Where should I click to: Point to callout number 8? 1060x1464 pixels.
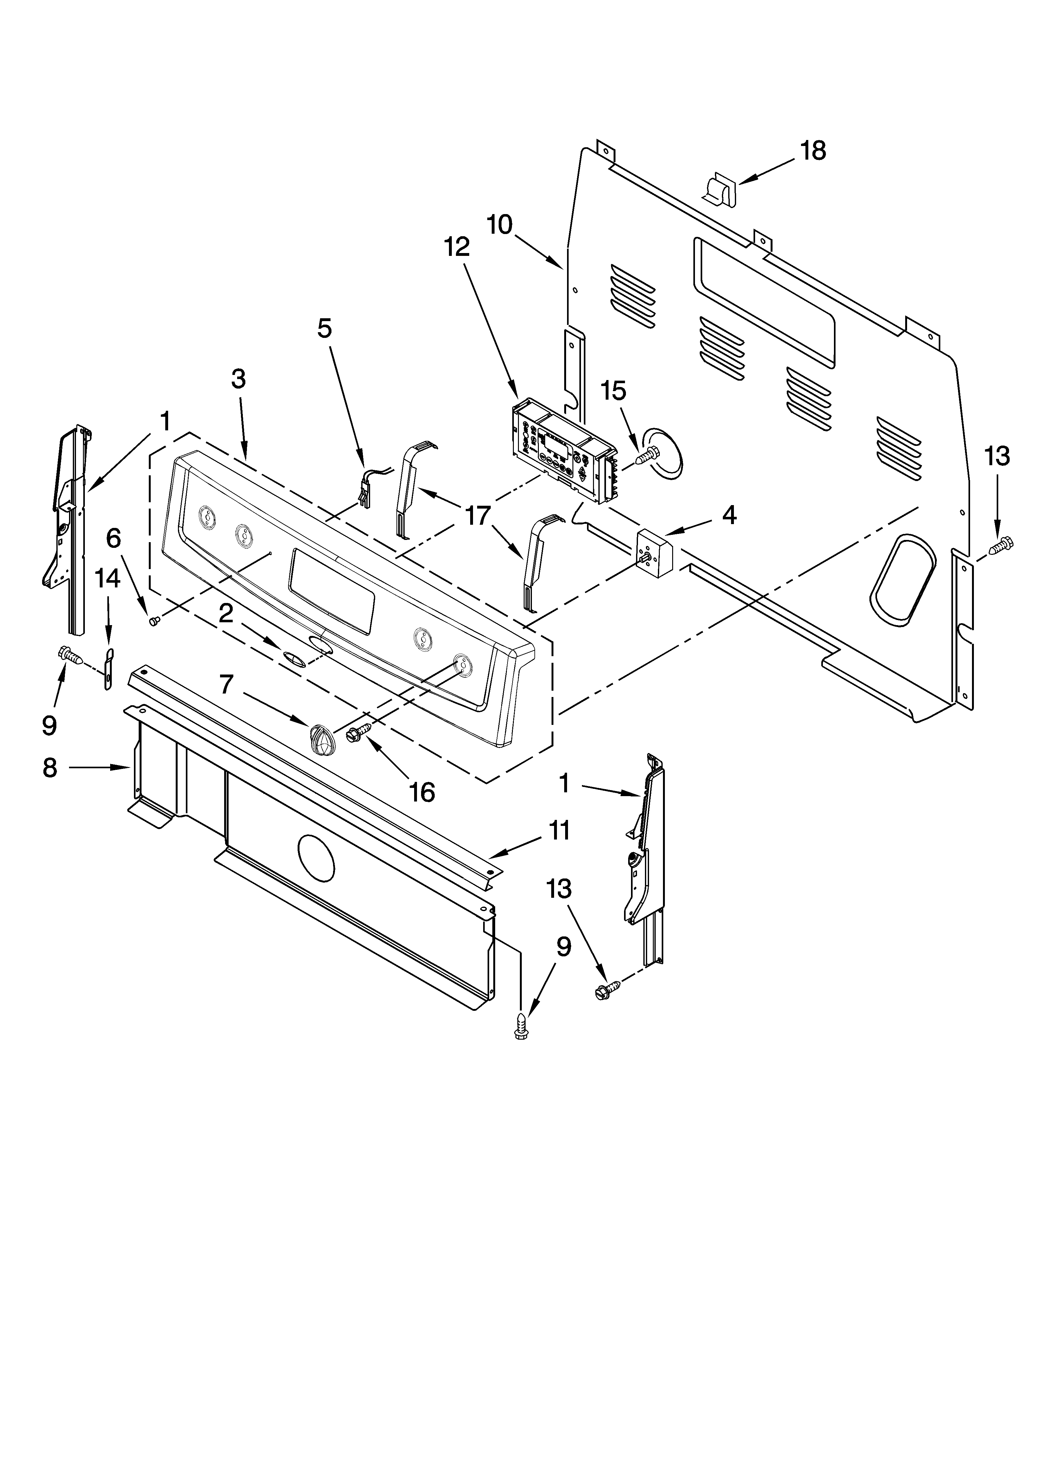point(50,768)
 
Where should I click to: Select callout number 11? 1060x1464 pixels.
point(559,830)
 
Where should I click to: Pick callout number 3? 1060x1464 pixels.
point(238,379)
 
